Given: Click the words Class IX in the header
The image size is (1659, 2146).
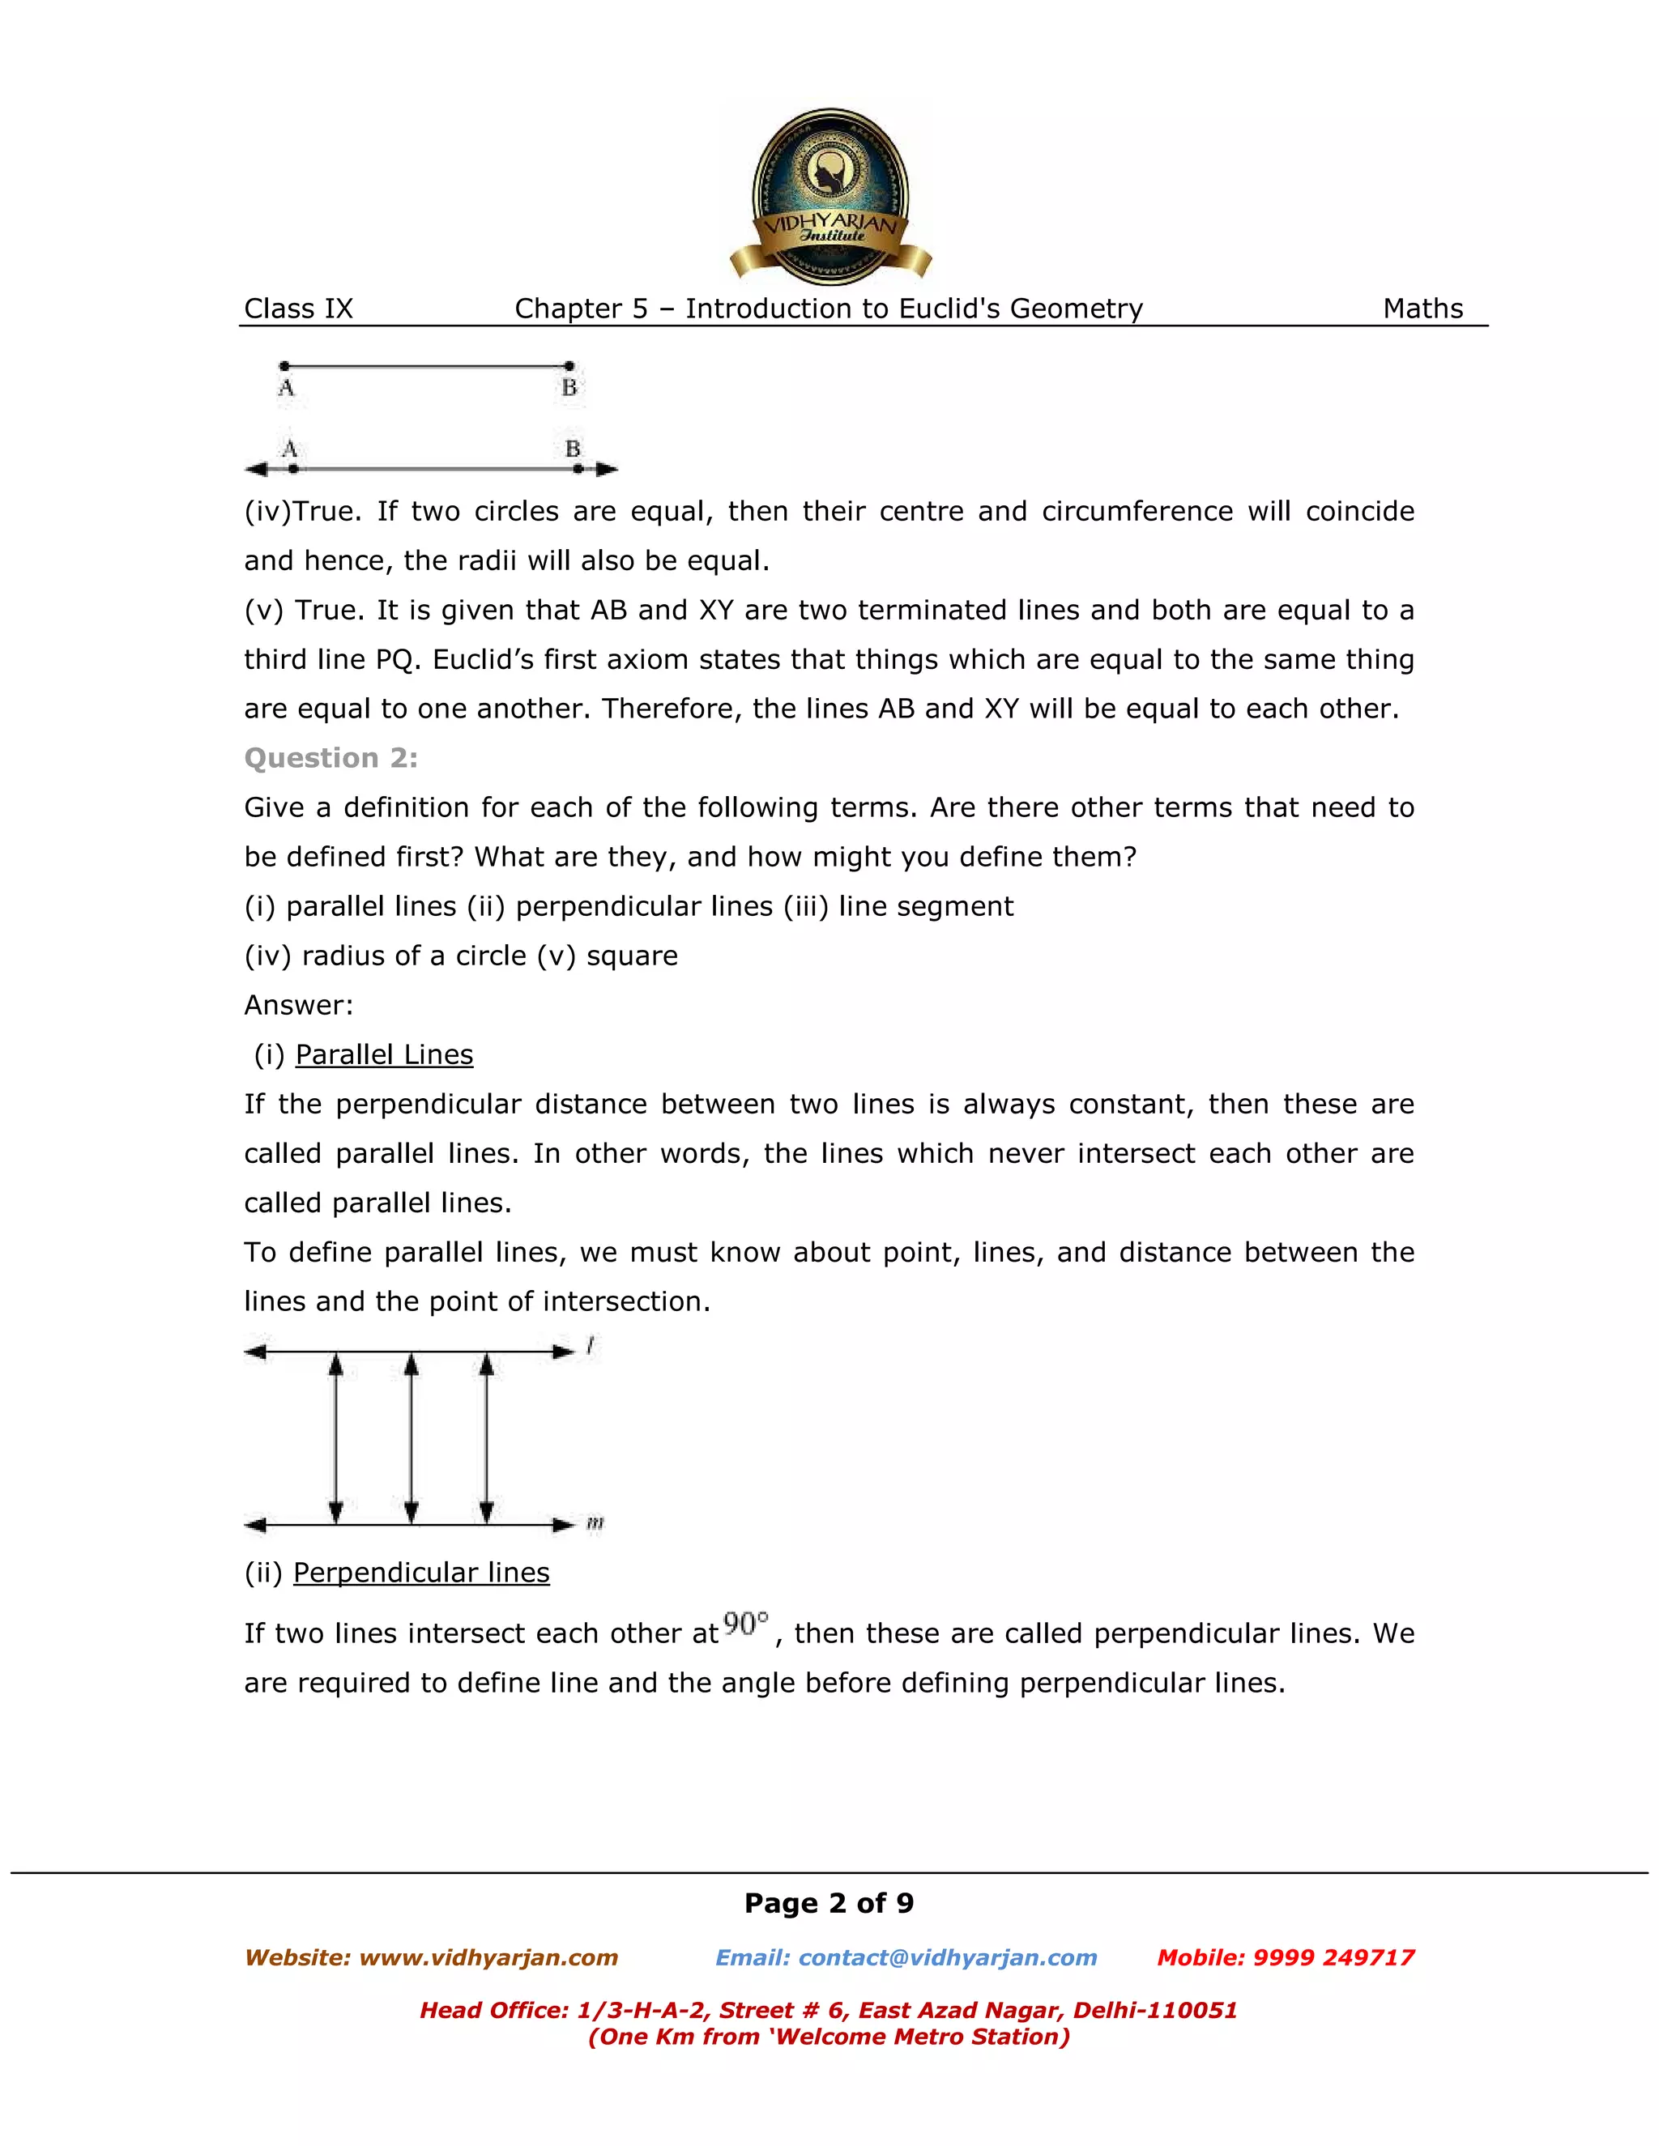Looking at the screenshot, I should click(x=298, y=309).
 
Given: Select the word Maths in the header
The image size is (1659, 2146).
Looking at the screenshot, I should click(x=1422, y=309).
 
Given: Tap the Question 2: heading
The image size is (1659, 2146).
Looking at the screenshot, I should click(x=331, y=758).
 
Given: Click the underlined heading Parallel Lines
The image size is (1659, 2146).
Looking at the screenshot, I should click(x=383, y=1054).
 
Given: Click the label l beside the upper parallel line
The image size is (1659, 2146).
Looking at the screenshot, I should click(x=590, y=1345).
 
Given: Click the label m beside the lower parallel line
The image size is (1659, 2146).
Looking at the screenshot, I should click(x=595, y=1524).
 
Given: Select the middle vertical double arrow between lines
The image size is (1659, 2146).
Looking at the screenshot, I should click(x=411, y=1437).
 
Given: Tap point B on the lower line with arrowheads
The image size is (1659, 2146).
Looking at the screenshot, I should click(x=578, y=469).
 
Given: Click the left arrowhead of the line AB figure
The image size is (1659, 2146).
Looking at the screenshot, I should click(x=255, y=469).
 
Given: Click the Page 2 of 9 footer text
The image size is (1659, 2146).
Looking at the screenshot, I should click(x=829, y=1903).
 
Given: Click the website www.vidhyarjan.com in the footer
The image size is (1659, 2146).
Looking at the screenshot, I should click(x=488, y=1957).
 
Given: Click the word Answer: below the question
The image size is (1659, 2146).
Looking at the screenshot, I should click(x=298, y=1005).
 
